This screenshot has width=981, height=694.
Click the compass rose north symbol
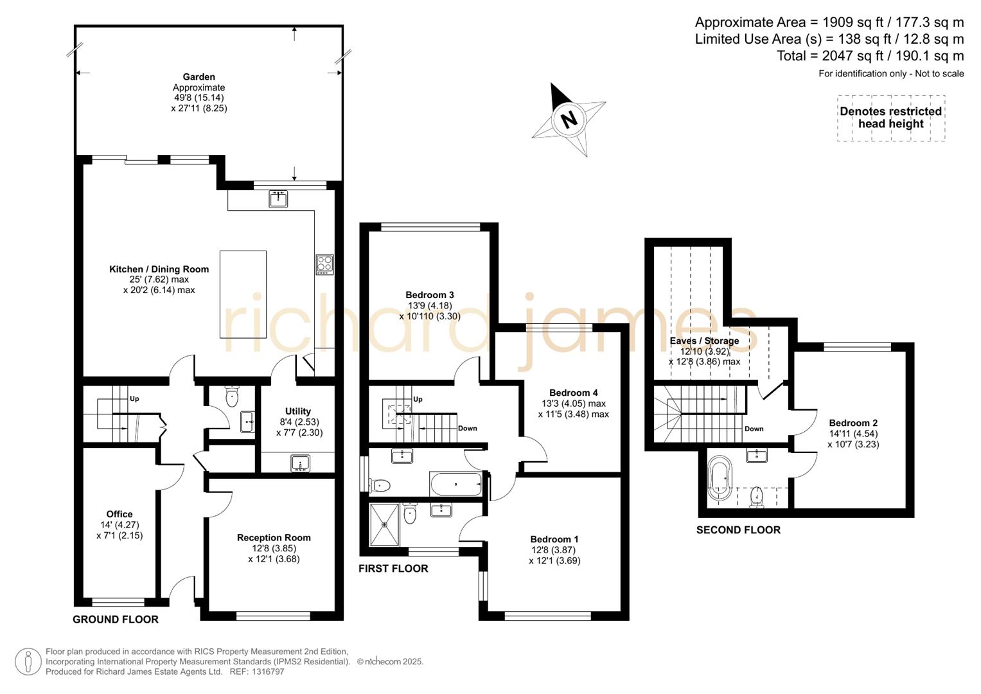click(x=569, y=119)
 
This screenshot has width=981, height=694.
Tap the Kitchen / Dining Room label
click(x=159, y=269)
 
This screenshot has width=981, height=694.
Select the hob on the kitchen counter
click(x=324, y=265)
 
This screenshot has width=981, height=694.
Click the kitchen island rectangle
click(x=243, y=294)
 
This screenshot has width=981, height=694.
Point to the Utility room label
click(x=298, y=411)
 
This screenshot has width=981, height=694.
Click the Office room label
click(x=119, y=514)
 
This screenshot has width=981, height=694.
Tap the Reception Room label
click(x=274, y=538)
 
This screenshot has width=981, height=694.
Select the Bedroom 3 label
click(x=430, y=295)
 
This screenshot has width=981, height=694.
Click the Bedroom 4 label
click(x=574, y=393)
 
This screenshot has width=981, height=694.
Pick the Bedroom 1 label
click(x=554, y=539)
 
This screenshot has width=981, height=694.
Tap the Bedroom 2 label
click(x=853, y=423)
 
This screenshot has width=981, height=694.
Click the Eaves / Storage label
click(x=704, y=341)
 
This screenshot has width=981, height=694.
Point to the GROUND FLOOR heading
click(x=116, y=619)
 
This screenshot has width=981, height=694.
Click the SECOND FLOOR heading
click(x=738, y=530)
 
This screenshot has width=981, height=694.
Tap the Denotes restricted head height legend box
click(x=890, y=118)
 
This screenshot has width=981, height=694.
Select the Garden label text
click(x=199, y=77)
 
